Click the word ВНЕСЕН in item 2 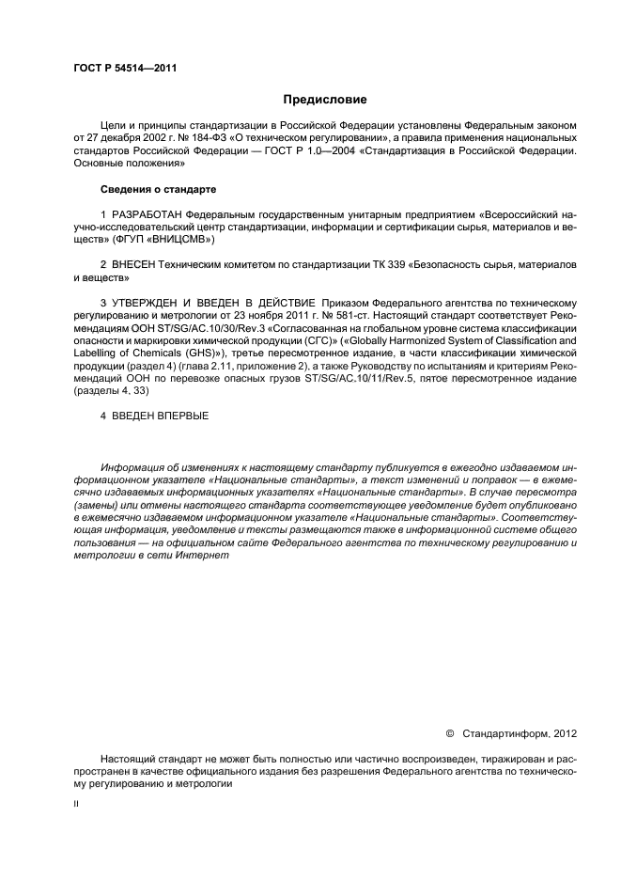pyautogui.click(x=137, y=266)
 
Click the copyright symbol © pyautogui.click(x=449, y=732)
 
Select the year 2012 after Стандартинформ pyautogui.click(x=559, y=732)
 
